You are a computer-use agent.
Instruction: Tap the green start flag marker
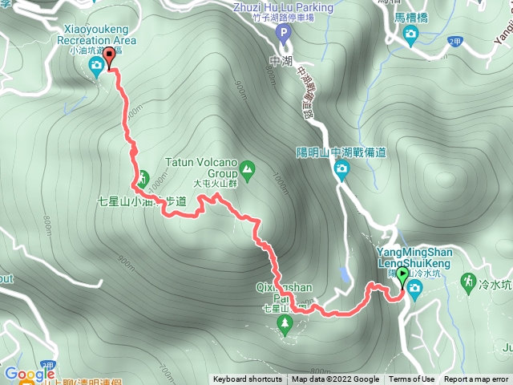(402, 280)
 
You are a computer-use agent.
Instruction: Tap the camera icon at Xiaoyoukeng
(97, 65)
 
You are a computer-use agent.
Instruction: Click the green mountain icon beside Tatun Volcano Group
(246, 169)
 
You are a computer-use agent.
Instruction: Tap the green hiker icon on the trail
(143, 178)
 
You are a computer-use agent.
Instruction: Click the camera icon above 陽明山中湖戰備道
(341, 169)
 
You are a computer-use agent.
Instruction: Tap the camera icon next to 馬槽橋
(411, 34)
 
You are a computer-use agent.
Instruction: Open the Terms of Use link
(412, 379)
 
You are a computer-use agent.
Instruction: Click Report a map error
(476, 379)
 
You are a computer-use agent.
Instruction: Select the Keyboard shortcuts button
(247, 379)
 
